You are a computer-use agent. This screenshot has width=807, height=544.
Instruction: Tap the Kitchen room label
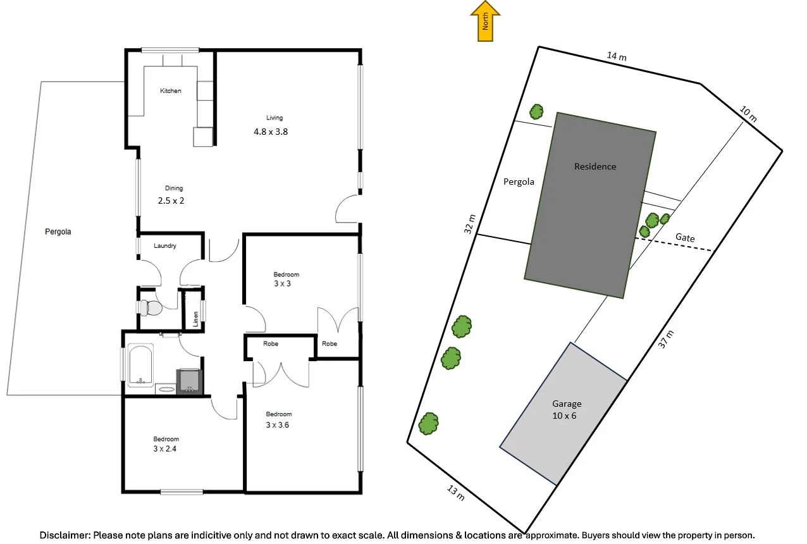click(x=170, y=91)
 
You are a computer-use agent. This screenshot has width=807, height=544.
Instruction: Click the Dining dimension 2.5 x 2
click(x=171, y=201)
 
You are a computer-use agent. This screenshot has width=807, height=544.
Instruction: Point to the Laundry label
click(x=165, y=246)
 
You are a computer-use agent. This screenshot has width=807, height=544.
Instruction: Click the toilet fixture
click(x=151, y=307)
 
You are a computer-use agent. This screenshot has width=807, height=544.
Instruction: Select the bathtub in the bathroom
click(x=140, y=364)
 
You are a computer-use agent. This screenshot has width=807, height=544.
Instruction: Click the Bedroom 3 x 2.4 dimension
click(x=166, y=448)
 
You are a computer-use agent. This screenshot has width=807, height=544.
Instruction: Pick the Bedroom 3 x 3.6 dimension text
click(x=278, y=425)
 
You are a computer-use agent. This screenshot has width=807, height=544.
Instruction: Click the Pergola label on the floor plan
click(x=58, y=232)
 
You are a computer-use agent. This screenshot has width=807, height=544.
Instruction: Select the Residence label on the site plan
click(x=595, y=167)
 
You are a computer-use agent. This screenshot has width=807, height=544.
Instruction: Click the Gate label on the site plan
click(x=685, y=238)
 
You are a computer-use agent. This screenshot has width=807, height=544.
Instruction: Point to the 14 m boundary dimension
click(x=617, y=57)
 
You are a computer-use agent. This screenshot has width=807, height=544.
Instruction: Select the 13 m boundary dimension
click(x=455, y=491)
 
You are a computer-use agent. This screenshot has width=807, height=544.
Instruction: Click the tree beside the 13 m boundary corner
click(x=429, y=423)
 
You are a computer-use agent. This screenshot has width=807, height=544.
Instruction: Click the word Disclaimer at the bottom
click(x=65, y=535)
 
